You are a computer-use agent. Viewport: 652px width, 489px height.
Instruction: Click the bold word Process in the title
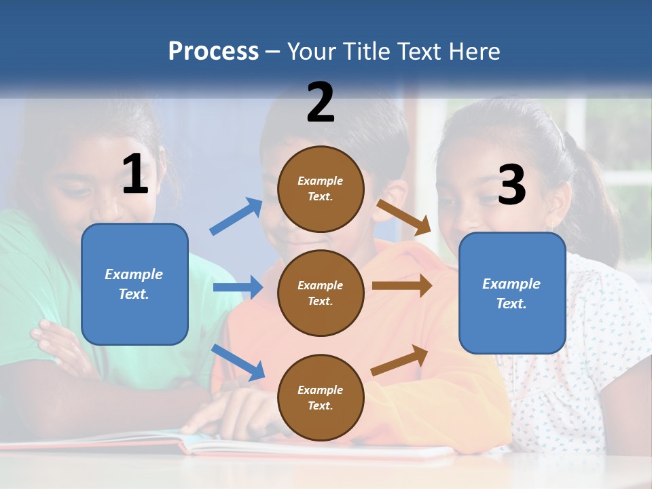click(213, 51)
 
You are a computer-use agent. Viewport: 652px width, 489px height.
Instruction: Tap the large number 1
click(135, 174)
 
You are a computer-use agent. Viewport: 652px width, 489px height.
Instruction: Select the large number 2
click(321, 102)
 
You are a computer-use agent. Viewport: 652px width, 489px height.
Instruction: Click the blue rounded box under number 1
click(134, 284)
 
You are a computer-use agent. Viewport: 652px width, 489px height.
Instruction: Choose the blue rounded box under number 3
click(512, 293)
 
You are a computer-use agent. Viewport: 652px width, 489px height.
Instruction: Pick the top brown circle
click(321, 189)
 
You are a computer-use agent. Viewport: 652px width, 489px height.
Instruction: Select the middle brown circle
click(321, 293)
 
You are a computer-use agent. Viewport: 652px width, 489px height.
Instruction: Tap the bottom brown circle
click(321, 397)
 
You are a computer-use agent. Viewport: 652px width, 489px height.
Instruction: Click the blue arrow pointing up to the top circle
click(236, 217)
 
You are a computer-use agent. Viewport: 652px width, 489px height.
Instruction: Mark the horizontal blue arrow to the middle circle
click(238, 287)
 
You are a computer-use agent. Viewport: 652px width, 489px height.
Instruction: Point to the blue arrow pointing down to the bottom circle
click(238, 362)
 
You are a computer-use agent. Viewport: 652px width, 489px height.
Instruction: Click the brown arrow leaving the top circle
click(404, 217)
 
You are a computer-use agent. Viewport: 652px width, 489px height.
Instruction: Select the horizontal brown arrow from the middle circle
click(401, 286)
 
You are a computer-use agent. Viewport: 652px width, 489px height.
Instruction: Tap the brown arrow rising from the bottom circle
click(399, 360)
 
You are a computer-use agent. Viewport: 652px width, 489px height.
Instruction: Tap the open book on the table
click(272, 445)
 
